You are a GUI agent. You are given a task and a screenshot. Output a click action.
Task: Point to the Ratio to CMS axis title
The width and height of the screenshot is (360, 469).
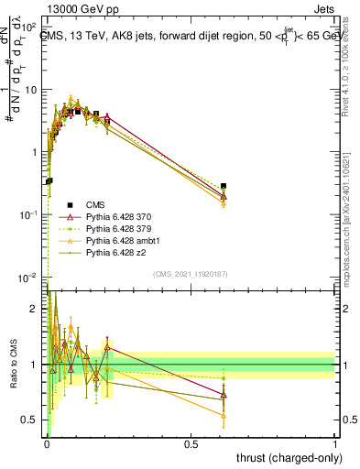(x=12, y=365)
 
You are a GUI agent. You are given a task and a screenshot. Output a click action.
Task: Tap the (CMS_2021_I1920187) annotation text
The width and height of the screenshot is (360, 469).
(x=191, y=273)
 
